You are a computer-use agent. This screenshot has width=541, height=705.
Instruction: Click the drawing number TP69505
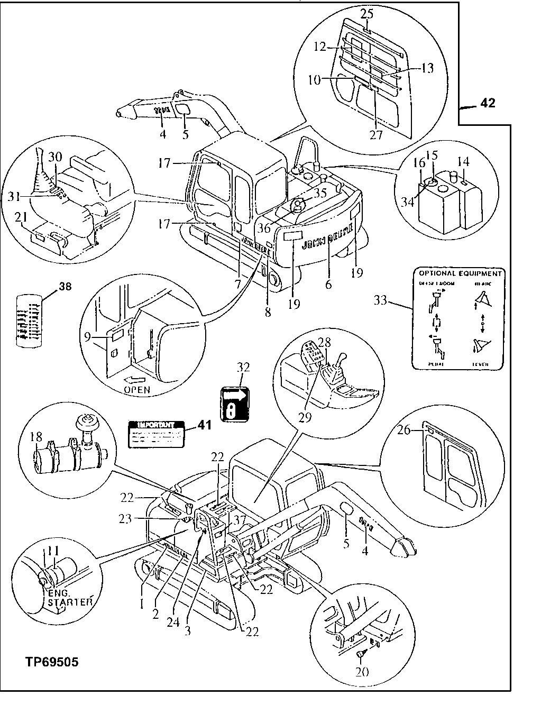coord(51,662)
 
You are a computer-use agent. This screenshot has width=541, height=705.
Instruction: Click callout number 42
coord(487,103)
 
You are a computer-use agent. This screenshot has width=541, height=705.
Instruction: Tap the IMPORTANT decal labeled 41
coord(157,434)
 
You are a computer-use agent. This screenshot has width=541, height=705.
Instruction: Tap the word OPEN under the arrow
coord(137,390)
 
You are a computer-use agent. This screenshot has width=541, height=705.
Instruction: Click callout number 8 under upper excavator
coord(268,312)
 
